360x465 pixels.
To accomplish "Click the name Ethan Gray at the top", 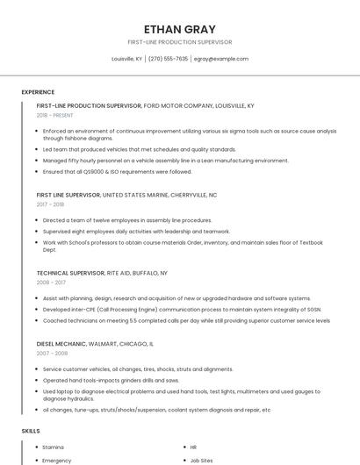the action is [179, 29].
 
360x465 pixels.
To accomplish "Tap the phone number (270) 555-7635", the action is [168, 59].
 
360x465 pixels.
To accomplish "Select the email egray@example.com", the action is [221, 59].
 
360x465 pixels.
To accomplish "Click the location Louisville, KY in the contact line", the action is [126, 59].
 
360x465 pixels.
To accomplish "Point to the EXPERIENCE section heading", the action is [38, 92].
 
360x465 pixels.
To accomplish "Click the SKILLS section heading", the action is [31, 431].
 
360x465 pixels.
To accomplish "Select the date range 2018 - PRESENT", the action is [54, 115].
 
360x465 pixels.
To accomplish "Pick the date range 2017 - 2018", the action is [50, 204].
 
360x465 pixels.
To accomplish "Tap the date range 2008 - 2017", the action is [50, 283].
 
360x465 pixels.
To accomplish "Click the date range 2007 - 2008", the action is [52, 353].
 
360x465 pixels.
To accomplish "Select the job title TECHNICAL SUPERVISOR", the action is [70, 273].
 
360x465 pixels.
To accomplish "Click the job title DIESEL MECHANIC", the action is [61, 344].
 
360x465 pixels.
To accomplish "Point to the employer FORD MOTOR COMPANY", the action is [181, 105].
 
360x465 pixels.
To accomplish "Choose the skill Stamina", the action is [53, 447].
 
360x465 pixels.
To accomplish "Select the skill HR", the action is [193, 447].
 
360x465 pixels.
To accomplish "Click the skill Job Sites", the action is [201, 460].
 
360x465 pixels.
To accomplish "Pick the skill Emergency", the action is [56, 460].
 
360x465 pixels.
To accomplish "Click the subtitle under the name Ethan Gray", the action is [179, 41].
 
